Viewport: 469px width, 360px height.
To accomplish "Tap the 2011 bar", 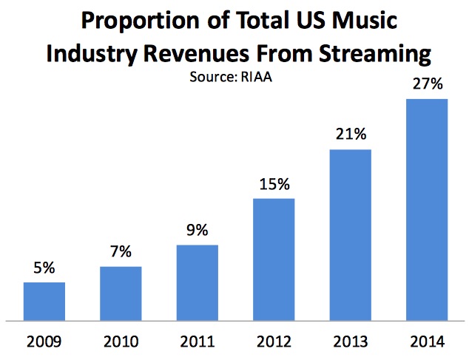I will [198, 282].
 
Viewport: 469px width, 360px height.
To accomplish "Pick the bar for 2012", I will [274, 259].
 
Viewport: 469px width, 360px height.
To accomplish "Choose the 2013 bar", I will [351, 235].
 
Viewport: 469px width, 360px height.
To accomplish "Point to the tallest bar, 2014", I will [428, 210].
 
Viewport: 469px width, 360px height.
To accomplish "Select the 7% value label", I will [121, 253].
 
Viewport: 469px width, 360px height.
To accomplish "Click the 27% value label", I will [428, 84].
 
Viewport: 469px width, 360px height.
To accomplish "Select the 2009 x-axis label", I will [44, 342].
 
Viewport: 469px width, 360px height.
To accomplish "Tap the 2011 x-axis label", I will [198, 342].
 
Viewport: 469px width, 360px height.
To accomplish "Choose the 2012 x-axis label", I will [274, 342].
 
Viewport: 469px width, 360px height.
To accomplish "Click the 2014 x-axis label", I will [428, 342].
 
